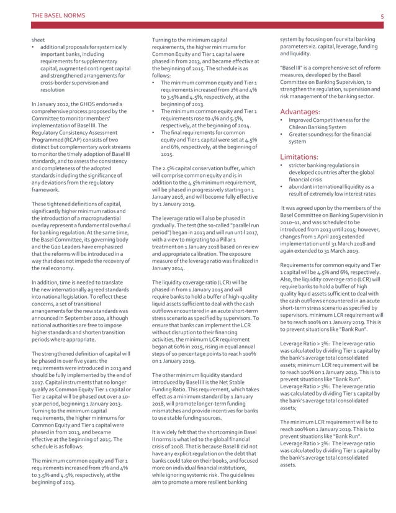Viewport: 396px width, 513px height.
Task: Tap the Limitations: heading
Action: [x=299, y=156]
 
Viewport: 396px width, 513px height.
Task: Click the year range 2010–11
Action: [x=293, y=222]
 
